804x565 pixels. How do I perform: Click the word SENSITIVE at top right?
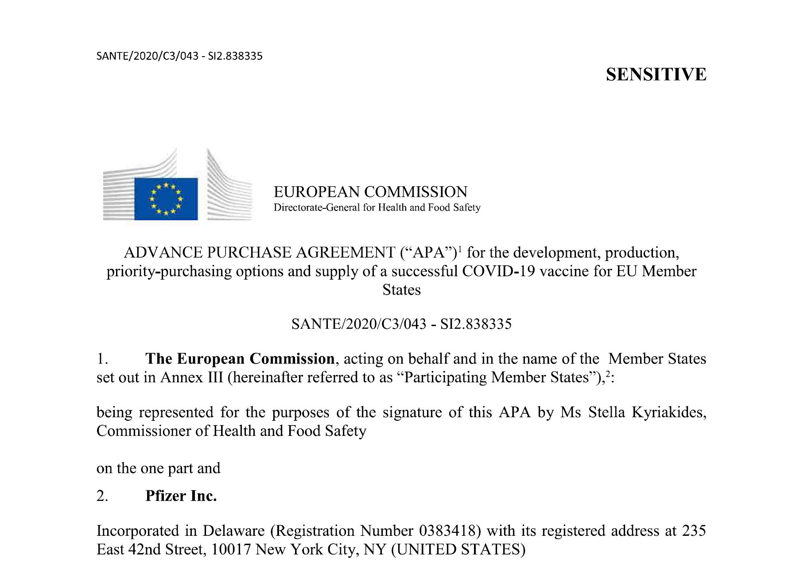(656, 74)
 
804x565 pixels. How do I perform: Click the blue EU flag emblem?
(166, 199)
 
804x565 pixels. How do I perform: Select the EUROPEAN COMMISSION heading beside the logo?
(370, 192)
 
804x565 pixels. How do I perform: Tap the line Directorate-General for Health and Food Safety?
(377, 208)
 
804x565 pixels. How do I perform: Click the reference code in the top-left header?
(179, 56)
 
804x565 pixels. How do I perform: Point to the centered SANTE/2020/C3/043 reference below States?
(401, 324)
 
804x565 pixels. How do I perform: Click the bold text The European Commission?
(240, 358)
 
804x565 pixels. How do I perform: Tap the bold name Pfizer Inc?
(181, 496)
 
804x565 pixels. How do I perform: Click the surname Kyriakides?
(668, 412)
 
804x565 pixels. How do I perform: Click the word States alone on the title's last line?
(401, 290)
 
